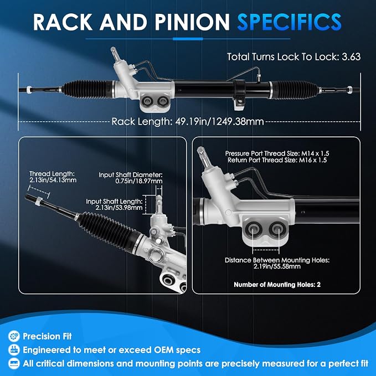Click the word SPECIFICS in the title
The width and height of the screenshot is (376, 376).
point(289,22)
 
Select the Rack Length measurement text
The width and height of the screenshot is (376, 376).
point(188,121)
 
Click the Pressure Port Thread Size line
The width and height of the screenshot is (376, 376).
point(277,153)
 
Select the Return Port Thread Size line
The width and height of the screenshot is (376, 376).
point(277,160)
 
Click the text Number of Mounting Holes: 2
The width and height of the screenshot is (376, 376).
point(277,285)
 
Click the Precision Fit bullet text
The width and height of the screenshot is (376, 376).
point(47,336)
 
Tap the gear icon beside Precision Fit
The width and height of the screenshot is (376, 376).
point(14,336)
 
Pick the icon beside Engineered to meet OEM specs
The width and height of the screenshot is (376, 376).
point(14,350)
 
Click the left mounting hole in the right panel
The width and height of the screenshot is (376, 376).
point(253,229)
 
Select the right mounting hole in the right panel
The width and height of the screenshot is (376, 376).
point(277,229)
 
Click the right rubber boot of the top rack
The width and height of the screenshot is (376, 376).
point(296,90)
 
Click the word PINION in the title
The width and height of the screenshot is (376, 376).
point(192,22)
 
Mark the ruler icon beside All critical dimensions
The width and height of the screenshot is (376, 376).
point(14,364)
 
